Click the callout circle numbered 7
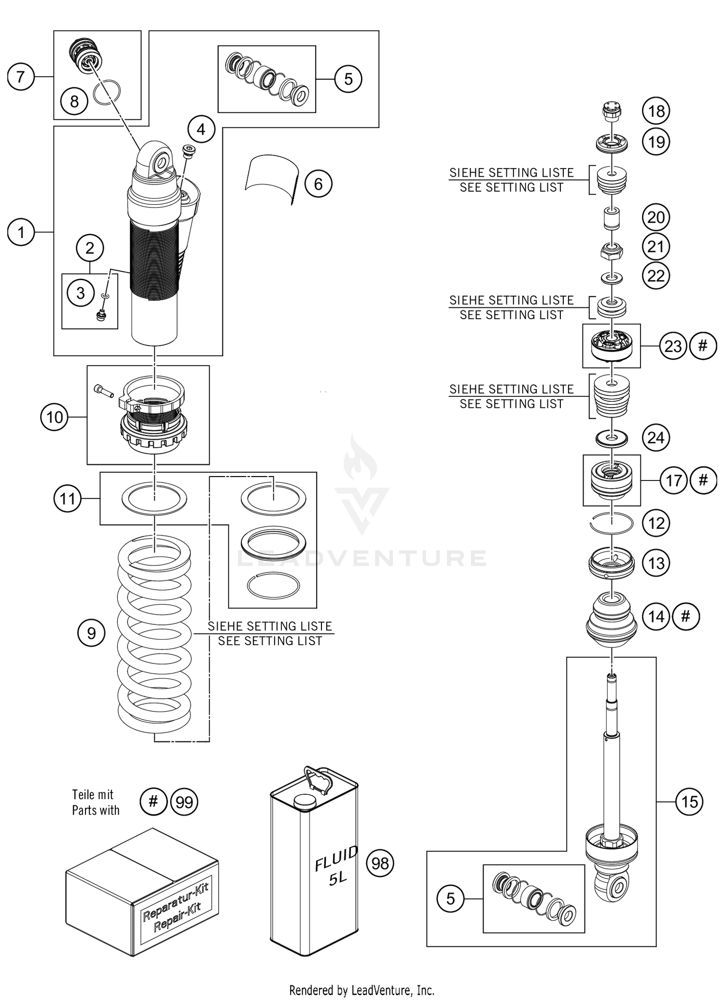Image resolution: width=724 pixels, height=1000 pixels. pos(21,77)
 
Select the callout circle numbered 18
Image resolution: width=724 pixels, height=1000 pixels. pos(656,111)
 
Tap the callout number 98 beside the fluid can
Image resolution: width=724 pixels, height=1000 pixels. pos(380,863)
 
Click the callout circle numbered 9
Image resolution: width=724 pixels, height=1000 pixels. pos(91,633)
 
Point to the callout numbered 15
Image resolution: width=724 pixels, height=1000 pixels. pos(689,802)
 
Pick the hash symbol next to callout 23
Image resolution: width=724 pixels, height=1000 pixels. pos(703,346)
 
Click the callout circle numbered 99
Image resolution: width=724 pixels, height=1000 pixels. pos(184,802)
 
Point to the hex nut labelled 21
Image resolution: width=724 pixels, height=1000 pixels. pos(612,251)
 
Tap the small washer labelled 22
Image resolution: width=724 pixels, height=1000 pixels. pos(612,278)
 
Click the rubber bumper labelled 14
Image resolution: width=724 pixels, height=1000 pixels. pos(612,622)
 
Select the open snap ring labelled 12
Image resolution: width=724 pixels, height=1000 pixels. pos(612,523)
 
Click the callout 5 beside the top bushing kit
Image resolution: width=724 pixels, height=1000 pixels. pos(348,79)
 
